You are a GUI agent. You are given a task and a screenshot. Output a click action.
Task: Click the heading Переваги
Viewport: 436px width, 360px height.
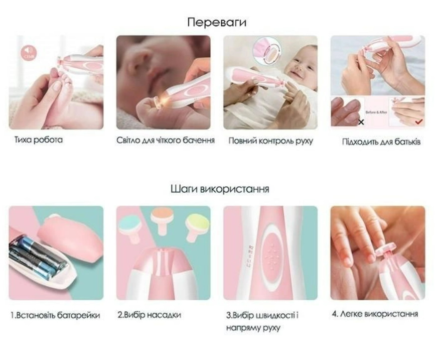pyautogui.click(x=217, y=22)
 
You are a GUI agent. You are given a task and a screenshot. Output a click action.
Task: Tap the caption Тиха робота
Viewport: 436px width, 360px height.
pyautogui.click(x=38, y=140)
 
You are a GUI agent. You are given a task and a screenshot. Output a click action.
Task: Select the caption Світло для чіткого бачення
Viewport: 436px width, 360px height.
pyautogui.click(x=165, y=140)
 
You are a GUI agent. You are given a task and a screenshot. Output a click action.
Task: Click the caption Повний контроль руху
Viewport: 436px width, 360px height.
pyautogui.click(x=271, y=141)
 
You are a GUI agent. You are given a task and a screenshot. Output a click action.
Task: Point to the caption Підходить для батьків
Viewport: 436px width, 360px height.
pyautogui.click(x=381, y=142)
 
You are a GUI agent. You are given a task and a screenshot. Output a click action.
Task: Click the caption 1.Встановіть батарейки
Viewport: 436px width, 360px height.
pyautogui.click(x=55, y=315)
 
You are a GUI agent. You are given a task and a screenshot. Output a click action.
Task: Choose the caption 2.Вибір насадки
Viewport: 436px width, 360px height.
pyautogui.click(x=149, y=315)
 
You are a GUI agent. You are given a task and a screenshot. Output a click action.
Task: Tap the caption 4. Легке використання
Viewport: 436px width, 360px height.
pyautogui.click(x=375, y=314)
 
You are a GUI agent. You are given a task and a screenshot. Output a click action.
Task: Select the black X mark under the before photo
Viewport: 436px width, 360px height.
pyautogui.click(x=361, y=121)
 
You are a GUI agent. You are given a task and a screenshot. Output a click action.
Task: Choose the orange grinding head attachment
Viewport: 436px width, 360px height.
pyautogui.click(x=161, y=218)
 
